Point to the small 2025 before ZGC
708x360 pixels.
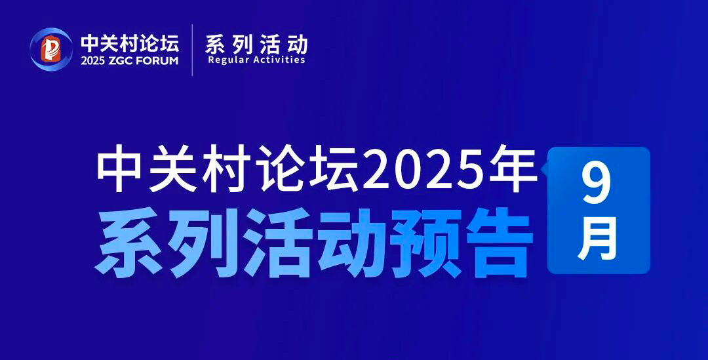coord(92,61)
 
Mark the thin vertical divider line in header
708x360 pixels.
coord(192,50)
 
